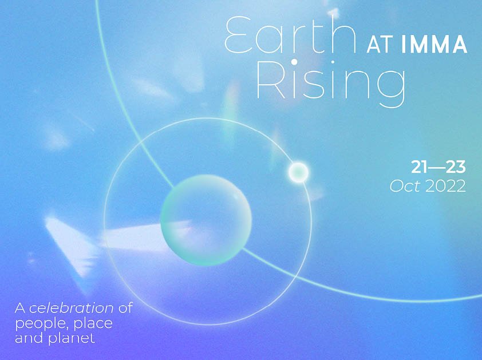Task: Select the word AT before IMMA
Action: [x=378, y=45]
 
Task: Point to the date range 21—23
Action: [x=438, y=167]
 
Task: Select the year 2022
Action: [x=446, y=186]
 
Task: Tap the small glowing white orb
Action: [x=298, y=172]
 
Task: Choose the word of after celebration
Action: [x=125, y=308]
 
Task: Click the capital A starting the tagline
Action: [x=20, y=308]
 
